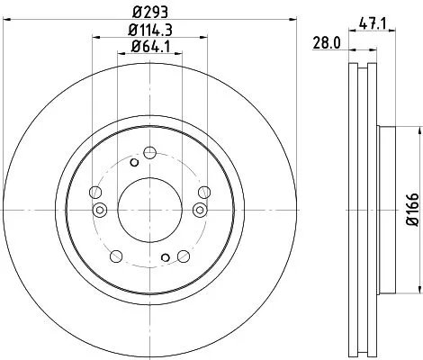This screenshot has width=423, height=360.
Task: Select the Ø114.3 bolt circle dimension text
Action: pos(150,30)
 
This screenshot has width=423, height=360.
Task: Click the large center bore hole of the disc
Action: pos(149,210)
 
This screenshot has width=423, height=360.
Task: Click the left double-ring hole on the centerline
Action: pos(100,210)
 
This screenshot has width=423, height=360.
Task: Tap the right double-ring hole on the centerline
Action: pos(199,210)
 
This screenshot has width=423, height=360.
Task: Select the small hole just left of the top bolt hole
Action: pos(134,162)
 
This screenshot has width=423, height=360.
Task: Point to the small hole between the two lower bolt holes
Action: pos(165,258)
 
